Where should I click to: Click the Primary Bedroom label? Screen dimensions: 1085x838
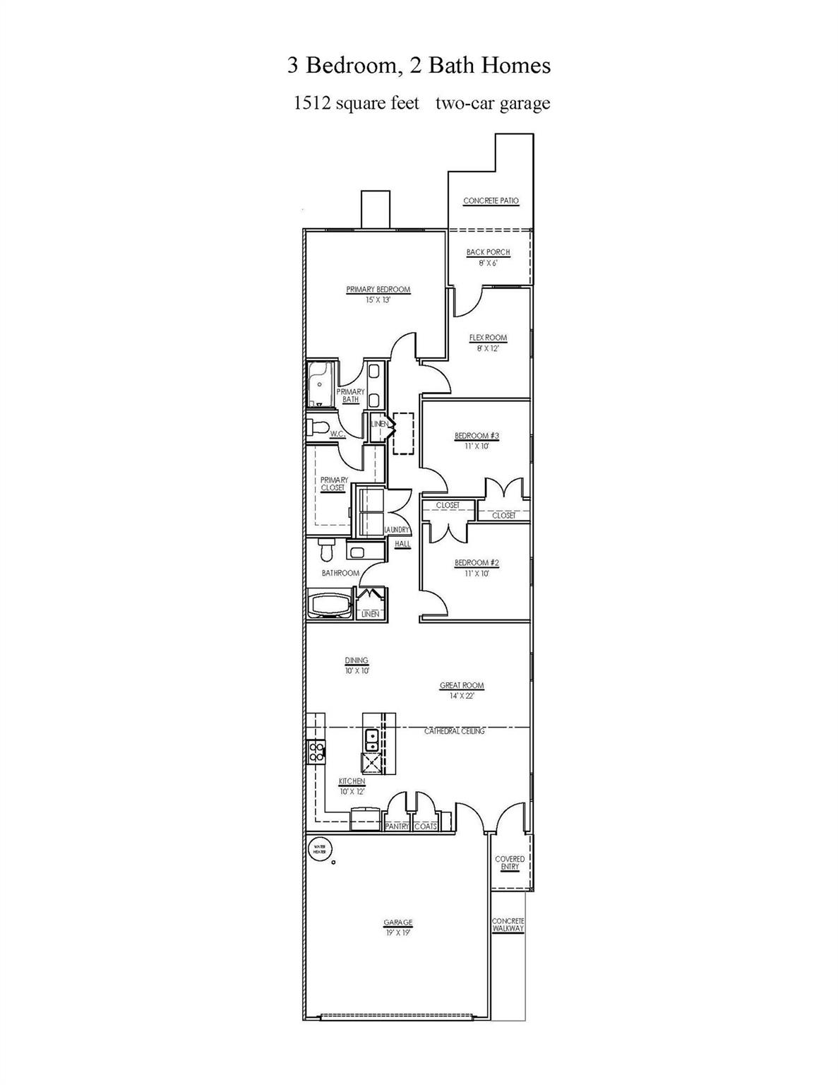coord(378,290)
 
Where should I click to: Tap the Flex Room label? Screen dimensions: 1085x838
coord(488,338)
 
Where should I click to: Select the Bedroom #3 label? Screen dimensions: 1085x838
coord(477,436)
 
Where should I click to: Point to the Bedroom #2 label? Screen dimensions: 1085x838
coord(477,563)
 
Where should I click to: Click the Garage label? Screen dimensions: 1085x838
coord(397,923)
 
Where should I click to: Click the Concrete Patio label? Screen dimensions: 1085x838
coord(491,201)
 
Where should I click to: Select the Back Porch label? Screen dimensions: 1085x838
coord(488,252)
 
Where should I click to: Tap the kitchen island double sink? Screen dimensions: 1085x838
coord(371,740)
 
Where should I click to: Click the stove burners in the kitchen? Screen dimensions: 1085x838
coord(316,752)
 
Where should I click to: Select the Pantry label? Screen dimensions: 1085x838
coord(397,826)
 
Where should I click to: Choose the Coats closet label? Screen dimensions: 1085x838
coord(426,826)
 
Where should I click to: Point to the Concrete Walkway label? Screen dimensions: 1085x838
coord(508,925)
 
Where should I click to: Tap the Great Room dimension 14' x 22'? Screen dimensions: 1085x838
coord(462,696)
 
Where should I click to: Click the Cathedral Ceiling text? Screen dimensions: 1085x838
coord(454,731)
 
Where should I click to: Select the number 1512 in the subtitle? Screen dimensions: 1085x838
coord(312,103)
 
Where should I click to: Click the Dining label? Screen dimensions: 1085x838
coord(357,661)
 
